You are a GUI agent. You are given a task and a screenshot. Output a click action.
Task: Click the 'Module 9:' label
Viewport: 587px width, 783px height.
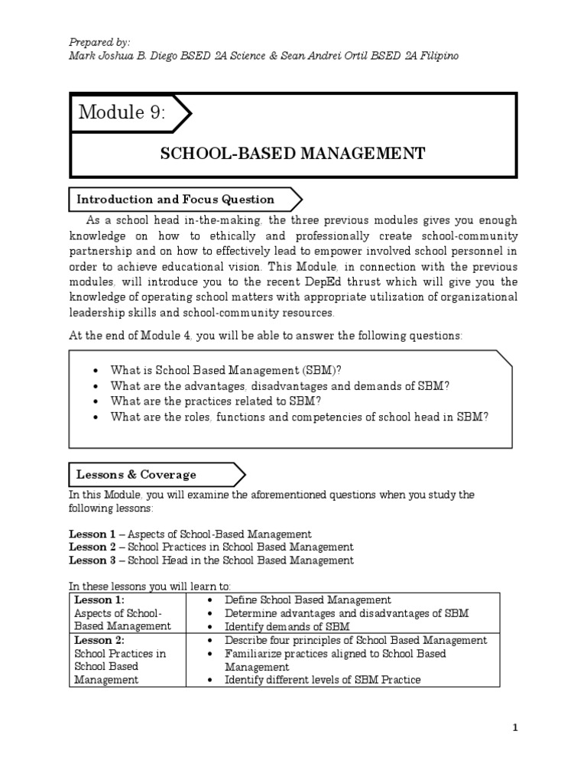click(122, 114)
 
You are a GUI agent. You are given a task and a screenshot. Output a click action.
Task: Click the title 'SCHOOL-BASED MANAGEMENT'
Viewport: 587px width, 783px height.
click(292, 154)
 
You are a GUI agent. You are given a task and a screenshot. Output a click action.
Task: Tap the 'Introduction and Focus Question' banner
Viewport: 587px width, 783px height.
click(175, 200)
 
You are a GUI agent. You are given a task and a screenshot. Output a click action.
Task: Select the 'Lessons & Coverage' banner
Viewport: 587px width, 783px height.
click(136, 474)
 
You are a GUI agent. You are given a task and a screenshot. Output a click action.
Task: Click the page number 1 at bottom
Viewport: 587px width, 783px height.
click(515, 728)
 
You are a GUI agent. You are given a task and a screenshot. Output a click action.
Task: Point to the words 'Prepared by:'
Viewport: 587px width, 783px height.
click(99, 41)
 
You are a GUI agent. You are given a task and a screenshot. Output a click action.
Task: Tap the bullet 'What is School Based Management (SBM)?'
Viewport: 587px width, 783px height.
click(225, 370)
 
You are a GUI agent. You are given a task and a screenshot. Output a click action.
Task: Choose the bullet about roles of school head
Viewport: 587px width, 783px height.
click(299, 417)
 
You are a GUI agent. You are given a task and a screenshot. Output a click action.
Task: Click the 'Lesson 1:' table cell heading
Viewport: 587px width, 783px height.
click(93, 600)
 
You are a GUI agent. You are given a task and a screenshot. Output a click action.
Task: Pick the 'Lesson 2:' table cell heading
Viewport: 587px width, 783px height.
click(93, 641)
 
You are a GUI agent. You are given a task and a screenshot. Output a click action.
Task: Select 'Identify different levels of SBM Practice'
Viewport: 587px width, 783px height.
click(322, 680)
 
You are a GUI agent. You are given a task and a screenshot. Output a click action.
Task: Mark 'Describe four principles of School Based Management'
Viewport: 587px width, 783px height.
click(355, 641)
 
